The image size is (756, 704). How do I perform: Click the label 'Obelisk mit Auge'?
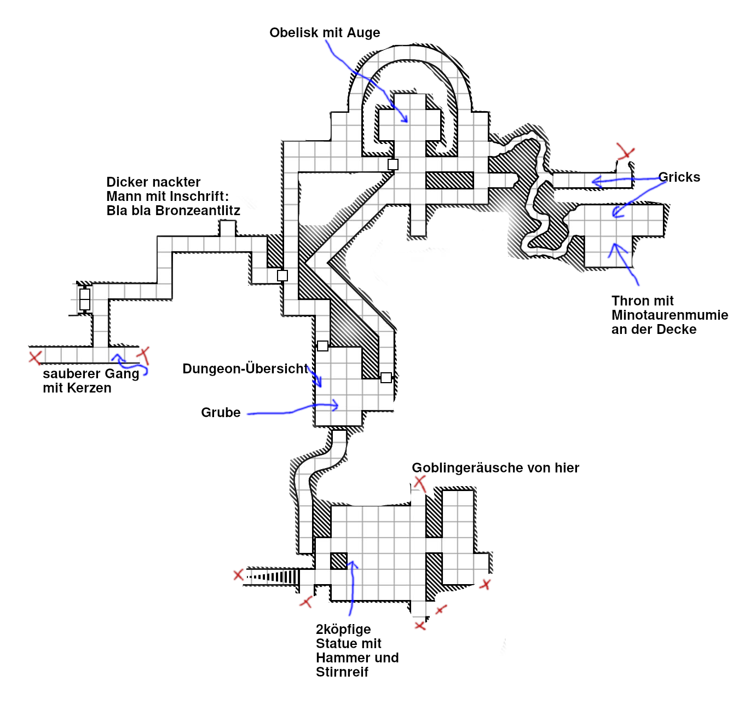[x=325, y=33]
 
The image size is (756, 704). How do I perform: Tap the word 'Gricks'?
[x=679, y=177]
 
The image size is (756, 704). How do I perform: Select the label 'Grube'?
[x=221, y=413]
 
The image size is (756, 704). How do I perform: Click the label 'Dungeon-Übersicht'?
[x=245, y=369]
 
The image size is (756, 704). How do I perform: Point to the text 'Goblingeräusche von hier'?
[x=495, y=468]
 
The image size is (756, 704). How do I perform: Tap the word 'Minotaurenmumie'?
[x=670, y=315]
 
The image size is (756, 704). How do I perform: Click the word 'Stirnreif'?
[x=342, y=672]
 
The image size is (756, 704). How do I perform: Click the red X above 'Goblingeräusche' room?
[x=420, y=482]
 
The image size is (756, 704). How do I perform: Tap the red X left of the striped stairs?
[x=239, y=575]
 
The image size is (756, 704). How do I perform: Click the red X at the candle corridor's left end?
[x=35, y=358]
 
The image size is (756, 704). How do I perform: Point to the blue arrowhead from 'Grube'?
[x=335, y=406]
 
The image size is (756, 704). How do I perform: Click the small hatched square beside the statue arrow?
[x=339, y=561]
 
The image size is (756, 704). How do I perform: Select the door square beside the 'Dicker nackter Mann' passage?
[x=282, y=275]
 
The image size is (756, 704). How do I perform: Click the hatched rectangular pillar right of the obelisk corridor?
[x=449, y=180]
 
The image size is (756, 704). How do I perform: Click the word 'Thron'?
[x=629, y=301]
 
